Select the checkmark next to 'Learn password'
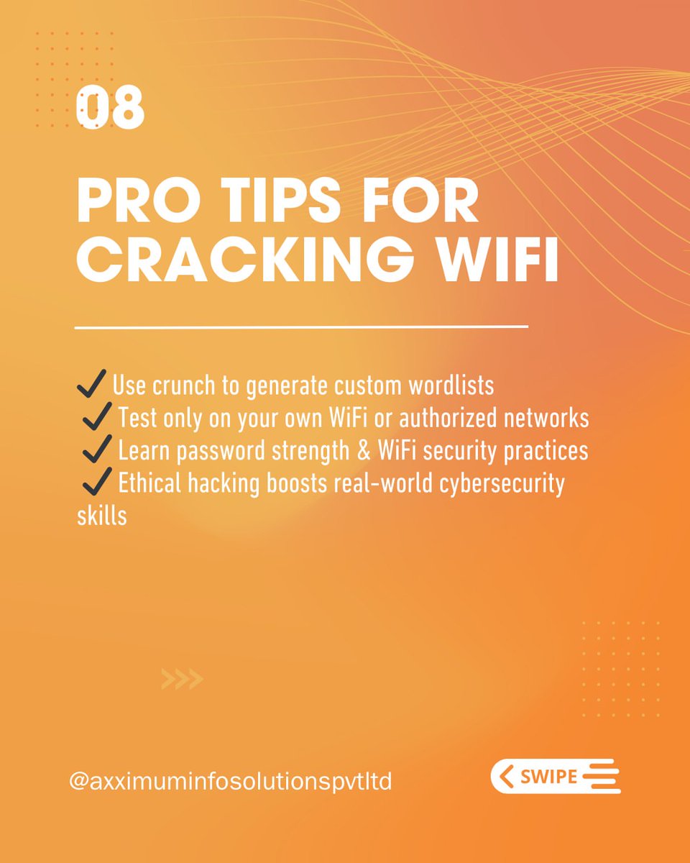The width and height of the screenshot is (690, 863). point(97,449)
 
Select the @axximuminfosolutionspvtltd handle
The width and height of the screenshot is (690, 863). point(230,782)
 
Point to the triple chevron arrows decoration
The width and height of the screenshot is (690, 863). point(182,678)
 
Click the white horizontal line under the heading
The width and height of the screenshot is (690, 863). point(301,328)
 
